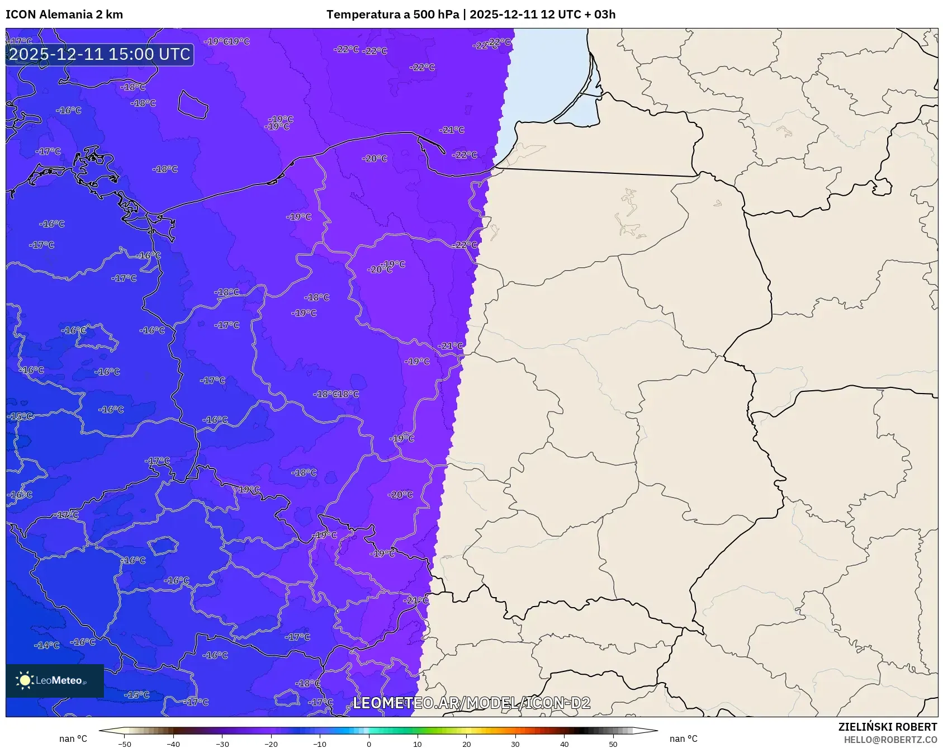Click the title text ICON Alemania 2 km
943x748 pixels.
(x=64, y=15)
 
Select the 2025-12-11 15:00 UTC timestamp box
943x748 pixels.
(x=99, y=54)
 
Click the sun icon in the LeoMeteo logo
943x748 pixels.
(x=25, y=680)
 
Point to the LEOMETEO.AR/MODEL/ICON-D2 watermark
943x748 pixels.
(x=471, y=703)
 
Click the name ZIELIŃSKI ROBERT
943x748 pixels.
(x=887, y=727)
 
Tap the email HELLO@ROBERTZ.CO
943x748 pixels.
(x=890, y=740)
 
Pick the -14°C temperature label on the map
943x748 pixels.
(x=47, y=645)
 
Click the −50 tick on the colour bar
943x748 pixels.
(x=125, y=744)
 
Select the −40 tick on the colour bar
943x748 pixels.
(x=173, y=744)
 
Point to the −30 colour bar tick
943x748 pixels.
(x=222, y=744)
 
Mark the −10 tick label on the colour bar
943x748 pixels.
(x=320, y=744)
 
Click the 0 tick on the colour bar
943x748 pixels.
(x=369, y=744)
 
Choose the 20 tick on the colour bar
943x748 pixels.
(x=466, y=744)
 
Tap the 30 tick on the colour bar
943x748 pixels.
(x=515, y=744)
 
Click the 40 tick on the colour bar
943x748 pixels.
(x=564, y=744)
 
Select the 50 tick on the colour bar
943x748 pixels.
(x=613, y=744)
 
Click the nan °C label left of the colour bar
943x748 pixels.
(x=73, y=738)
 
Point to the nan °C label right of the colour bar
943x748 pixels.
(x=684, y=738)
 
